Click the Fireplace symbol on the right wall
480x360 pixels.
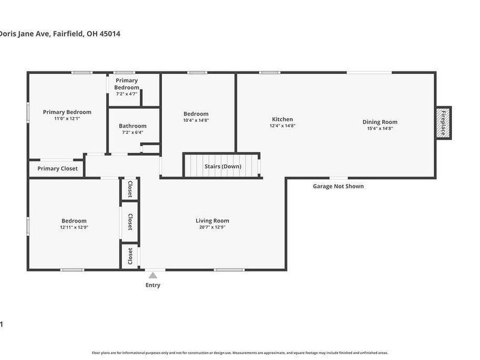(x=443, y=122)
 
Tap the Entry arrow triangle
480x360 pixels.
(x=153, y=275)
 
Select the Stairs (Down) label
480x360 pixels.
(x=223, y=166)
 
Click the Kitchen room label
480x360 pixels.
(x=282, y=119)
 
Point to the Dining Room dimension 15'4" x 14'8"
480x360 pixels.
(x=380, y=128)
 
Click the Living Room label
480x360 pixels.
(x=212, y=221)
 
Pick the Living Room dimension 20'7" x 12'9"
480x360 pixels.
(x=212, y=227)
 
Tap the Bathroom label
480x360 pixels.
(x=133, y=126)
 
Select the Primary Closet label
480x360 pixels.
(x=58, y=169)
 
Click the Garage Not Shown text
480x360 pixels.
(x=338, y=186)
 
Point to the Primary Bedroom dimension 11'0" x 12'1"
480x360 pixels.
(x=67, y=119)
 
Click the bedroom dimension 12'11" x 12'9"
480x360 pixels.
(x=74, y=227)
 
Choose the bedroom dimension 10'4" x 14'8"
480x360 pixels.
(x=196, y=121)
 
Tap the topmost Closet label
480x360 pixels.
(x=130, y=189)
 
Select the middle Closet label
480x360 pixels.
(x=130, y=222)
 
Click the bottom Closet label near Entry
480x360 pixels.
(x=130, y=256)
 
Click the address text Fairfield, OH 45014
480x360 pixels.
(x=86, y=34)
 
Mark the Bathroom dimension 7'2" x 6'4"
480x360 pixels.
(x=133, y=133)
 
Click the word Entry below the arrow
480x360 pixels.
(x=153, y=285)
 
